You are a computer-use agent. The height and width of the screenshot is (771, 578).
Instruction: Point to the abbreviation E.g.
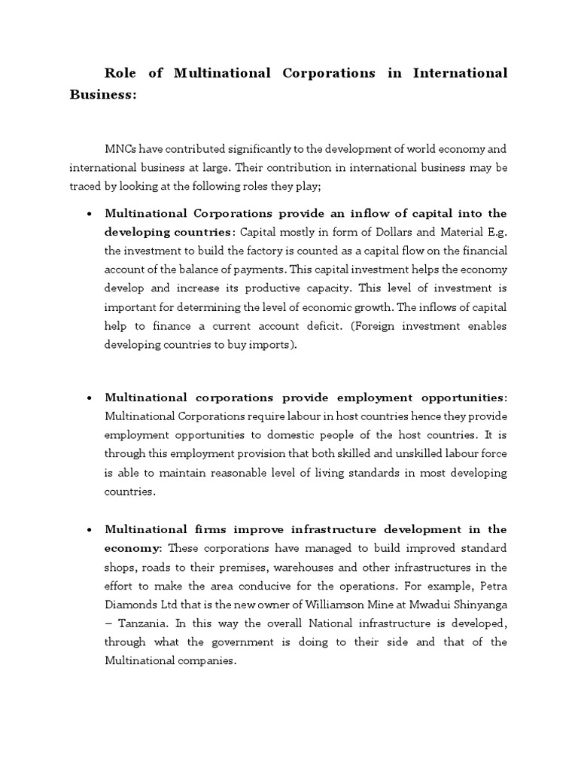pos(497,233)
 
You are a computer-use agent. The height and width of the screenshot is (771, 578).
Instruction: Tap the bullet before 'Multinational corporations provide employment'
pos(90,398)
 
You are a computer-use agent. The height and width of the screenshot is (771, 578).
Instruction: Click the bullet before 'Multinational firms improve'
pos(90,529)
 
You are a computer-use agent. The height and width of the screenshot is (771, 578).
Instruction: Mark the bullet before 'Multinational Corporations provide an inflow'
pos(90,214)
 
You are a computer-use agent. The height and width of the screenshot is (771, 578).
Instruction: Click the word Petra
pos(491,585)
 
